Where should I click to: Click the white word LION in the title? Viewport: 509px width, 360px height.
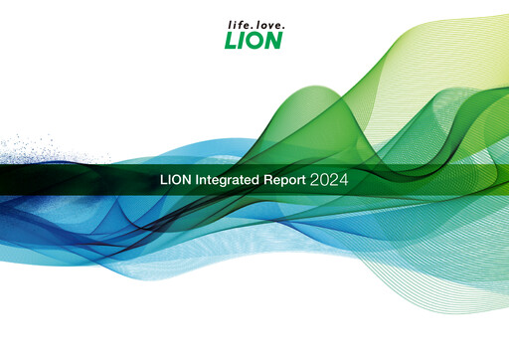click(175, 182)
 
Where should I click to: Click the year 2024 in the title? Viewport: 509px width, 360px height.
click(329, 182)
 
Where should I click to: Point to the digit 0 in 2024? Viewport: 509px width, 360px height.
click(323, 182)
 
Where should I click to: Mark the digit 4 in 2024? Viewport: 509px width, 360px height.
click(343, 182)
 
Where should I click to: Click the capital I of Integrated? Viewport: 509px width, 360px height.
click(195, 182)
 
